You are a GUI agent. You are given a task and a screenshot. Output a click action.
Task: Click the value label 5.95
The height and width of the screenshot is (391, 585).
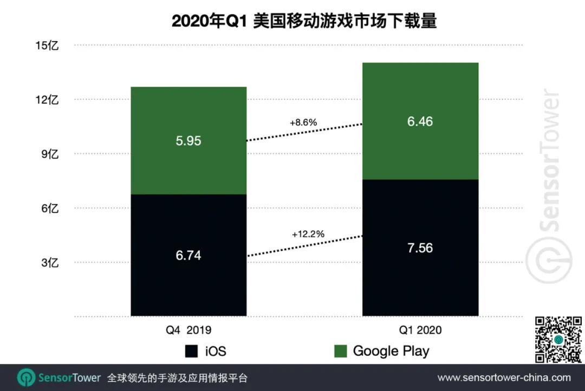(188, 141)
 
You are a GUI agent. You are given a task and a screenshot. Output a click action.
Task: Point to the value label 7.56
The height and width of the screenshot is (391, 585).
(420, 247)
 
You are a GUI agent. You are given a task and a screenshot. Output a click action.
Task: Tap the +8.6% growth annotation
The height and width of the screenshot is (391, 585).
(303, 122)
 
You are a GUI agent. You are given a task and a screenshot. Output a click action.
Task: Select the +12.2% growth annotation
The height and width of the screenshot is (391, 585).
(308, 234)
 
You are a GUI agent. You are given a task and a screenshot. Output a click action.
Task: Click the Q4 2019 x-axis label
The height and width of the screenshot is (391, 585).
(188, 330)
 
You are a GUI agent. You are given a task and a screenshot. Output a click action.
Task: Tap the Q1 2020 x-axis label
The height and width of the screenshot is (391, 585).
(420, 330)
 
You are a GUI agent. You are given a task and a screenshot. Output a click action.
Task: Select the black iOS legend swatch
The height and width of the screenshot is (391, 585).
(191, 351)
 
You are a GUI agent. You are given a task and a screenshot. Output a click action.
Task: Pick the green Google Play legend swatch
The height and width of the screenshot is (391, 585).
(340, 351)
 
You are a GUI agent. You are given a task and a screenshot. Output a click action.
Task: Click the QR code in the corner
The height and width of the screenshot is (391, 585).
(558, 340)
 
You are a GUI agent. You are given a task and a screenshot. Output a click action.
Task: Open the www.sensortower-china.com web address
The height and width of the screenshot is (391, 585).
(504, 377)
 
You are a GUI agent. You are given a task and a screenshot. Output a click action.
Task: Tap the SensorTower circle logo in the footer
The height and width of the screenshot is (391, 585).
(26, 377)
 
